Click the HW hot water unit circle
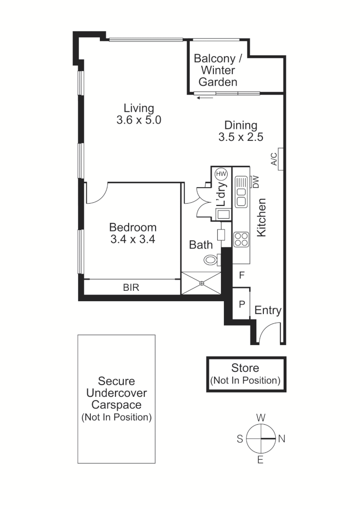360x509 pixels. coord(221,174)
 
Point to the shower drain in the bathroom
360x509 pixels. coord(201,283)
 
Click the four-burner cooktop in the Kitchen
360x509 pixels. coord(241,239)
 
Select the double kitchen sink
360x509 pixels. coord(241,192)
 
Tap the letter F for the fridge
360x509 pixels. coord(241,275)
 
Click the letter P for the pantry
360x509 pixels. coord(241,304)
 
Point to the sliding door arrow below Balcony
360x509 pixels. coord(205,98)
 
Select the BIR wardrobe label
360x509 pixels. coord(131,287)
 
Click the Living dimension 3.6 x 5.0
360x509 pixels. coord(139,120)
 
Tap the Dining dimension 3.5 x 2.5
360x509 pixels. coord(240,137)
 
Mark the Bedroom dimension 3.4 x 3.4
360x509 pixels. coord(133,239)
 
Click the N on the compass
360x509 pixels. coord(282,439)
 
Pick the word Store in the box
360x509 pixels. coord(245,368)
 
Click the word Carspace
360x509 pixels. coord(116,404)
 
